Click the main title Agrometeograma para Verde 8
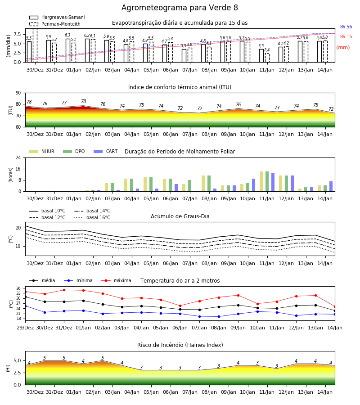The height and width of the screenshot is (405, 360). coord(180,8)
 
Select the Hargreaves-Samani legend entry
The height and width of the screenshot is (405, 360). coord(57,17)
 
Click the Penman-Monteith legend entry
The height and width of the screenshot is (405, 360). coord(55,24)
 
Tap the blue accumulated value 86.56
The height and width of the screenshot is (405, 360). coord(346,27)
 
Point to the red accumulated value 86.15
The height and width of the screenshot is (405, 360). coord(346,37)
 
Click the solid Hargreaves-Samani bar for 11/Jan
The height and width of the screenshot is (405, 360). coord(261,56)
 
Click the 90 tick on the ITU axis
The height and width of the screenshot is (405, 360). coord(18,93)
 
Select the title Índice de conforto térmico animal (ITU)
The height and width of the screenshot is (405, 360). coord(180,87)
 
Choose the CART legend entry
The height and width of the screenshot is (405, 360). coord(106,151)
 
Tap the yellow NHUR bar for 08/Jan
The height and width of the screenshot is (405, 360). coord(203,184)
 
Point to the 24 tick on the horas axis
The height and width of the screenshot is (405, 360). coord(18,158)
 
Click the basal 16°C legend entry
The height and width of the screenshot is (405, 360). coord(92,217)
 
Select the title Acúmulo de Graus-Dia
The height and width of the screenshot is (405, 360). coord(180,216)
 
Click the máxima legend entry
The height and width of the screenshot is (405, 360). coord(116,280)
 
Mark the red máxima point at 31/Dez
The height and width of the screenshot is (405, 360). coord(64,290)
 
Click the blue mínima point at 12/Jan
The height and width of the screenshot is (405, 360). coord(296,315)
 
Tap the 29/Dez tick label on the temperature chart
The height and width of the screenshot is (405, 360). coord(25,328)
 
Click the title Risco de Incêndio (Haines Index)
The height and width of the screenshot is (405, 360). coord(180,345)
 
